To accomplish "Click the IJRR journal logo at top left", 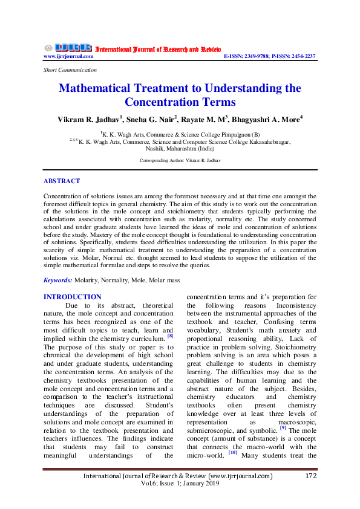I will (67, 48).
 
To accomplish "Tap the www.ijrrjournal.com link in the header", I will (68, 56).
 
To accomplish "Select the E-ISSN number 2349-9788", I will (261, 56).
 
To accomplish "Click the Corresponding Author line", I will (180, 161).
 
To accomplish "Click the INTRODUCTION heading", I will (73, 297).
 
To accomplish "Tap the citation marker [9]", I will (283, 427).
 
